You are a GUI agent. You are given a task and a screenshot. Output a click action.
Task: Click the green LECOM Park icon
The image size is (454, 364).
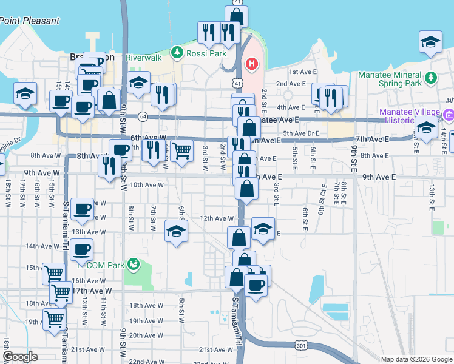(x=134, y=265)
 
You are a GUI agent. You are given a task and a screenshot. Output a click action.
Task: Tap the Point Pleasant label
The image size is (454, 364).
(x=30, y=21)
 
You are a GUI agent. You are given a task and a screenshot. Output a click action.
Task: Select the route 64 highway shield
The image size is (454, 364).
(x=141, y=115)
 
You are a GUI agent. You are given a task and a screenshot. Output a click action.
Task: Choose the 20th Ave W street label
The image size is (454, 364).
(x=144, y=335)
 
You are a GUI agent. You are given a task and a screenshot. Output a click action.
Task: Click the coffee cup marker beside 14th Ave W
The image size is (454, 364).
(x=82, y=249)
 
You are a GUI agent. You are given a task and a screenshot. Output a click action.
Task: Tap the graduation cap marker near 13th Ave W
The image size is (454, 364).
(x=176, y=231)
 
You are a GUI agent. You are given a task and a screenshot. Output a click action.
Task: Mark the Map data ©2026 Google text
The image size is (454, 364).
(x=416, y=359)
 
